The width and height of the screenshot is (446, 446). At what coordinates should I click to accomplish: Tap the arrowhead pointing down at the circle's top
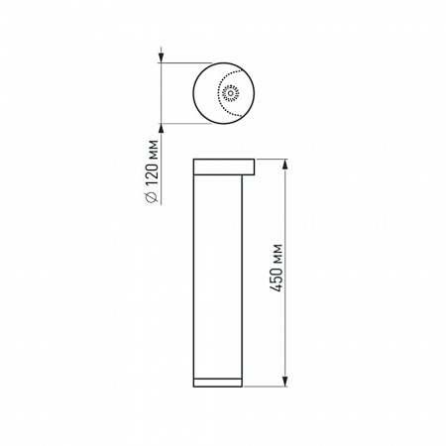click(x=162, y=60)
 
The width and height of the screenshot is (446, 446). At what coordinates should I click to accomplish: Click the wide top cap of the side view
click(x=223, y=165)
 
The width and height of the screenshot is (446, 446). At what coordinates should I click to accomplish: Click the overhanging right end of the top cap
click(x=252, y=165)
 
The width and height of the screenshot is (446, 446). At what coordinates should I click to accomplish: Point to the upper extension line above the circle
click(x=183, y=64)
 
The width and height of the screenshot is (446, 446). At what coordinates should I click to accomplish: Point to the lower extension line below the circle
click(x=183, y=124)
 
